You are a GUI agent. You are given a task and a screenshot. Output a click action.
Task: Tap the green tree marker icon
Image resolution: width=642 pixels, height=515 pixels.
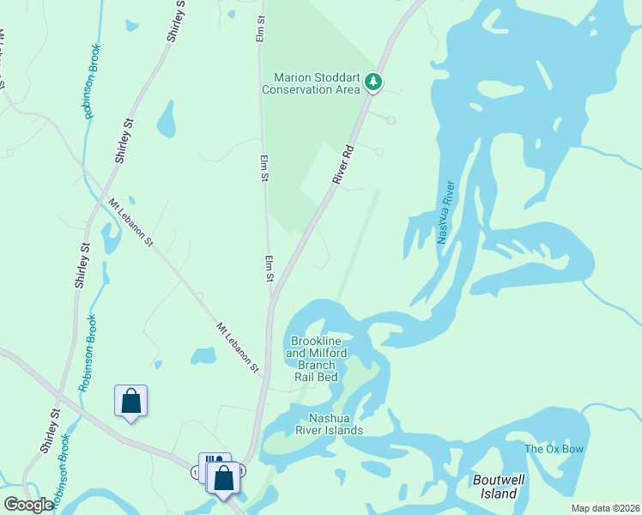(x=372, y=82)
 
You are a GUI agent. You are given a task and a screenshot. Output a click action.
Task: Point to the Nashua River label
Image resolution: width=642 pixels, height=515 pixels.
(x=445, y=212)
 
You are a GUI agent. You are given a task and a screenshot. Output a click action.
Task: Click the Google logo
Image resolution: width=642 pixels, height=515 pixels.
(x=28, y=505)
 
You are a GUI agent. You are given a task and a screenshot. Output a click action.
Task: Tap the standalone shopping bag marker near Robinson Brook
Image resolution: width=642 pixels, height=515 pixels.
(x=130, y=401)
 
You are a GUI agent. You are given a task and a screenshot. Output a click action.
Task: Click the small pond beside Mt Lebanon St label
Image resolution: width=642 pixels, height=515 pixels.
(x=203, y=355)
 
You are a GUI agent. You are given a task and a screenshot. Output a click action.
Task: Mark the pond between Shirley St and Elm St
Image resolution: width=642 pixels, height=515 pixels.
(x=166, y=121)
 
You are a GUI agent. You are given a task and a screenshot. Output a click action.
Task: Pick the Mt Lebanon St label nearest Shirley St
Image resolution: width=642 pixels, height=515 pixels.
(x=130, y=222)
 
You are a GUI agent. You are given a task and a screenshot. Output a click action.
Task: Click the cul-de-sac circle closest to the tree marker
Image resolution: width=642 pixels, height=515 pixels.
(x=391, y=121)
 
